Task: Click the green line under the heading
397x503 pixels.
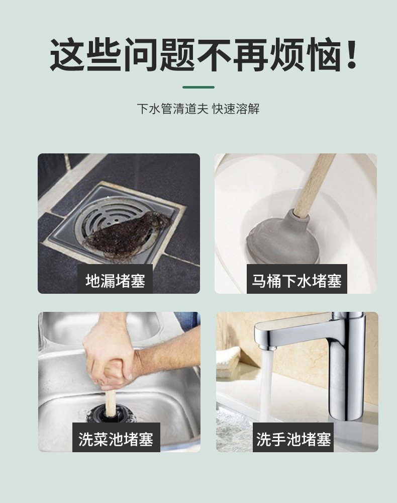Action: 198,87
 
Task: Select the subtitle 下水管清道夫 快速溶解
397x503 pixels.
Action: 198,109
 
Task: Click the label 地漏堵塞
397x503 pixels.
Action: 115,280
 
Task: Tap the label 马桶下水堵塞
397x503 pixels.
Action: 296,280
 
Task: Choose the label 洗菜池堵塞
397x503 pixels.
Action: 115,439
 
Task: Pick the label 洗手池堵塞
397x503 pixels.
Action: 293,439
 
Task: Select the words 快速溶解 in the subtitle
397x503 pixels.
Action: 236,109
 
